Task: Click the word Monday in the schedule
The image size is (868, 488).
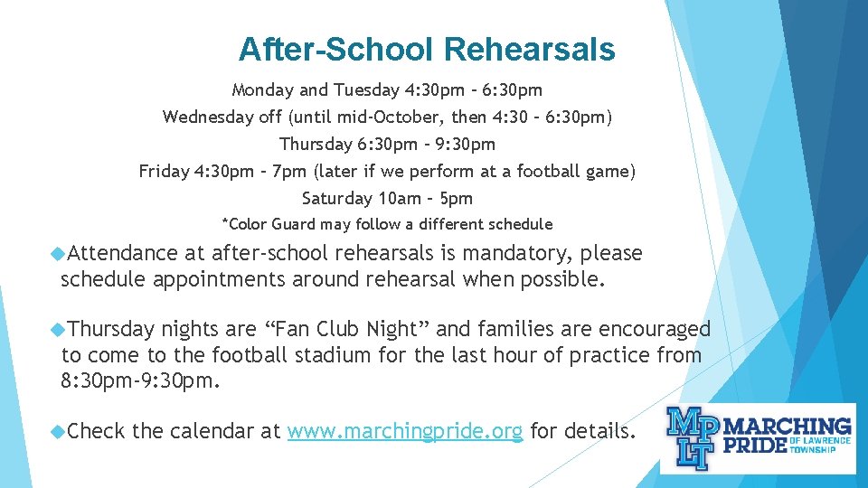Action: tap(261, 89)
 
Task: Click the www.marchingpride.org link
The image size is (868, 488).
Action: tap(404, 432)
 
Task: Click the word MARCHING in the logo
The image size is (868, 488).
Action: tap(788, 426)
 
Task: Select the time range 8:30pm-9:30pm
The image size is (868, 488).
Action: tap(139, 380)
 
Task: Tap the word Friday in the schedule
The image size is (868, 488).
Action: tap(164, 171)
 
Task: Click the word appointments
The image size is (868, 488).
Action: tap(210, 279)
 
